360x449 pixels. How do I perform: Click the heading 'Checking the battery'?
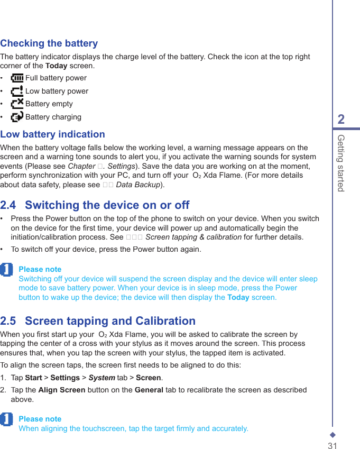pos(49,43)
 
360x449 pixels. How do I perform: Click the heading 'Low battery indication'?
pos(53,134)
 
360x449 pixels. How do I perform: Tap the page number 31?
pos(332,446)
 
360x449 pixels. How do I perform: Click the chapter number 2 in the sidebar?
pos(341,120)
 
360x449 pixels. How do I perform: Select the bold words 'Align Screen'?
pos(62,390)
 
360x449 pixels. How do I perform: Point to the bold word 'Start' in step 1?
pos(34,378)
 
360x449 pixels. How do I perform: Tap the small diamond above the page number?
pos(333,435)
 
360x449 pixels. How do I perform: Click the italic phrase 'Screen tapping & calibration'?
pos(194,237)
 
